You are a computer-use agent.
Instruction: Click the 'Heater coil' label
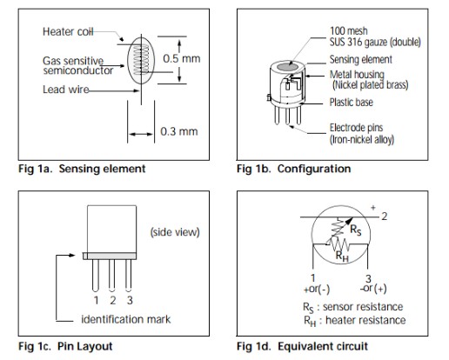coord(68,31)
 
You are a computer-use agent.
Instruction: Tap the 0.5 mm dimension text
coord(182,58)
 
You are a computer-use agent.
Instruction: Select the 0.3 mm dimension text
coord(179,131)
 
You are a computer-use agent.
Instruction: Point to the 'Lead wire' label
coord(66,90)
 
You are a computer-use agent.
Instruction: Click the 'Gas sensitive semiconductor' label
coord(77,66)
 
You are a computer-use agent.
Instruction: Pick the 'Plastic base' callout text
coord(352,103)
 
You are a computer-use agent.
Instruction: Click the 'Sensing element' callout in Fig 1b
coord(361,59)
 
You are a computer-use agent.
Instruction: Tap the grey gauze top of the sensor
coord(287,67)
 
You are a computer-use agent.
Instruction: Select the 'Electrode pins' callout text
coord(357,128)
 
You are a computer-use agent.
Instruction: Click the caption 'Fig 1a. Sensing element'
coord(82,169)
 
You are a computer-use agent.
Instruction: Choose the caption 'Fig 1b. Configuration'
coord(293,169)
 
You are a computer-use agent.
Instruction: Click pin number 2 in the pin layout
coord(113,300)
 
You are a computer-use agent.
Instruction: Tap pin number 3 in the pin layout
coord(130,300)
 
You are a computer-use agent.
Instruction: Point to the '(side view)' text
coord(175,232)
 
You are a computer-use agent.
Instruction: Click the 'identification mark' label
coord(126,319)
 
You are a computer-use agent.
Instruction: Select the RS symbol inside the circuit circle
coord(356,230)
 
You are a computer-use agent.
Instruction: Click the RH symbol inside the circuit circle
coord(342,257)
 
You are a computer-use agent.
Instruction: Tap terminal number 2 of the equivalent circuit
coord(385,217)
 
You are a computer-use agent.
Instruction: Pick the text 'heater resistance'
coord(365,320)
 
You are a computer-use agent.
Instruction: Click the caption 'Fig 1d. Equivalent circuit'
coord(302,346)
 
